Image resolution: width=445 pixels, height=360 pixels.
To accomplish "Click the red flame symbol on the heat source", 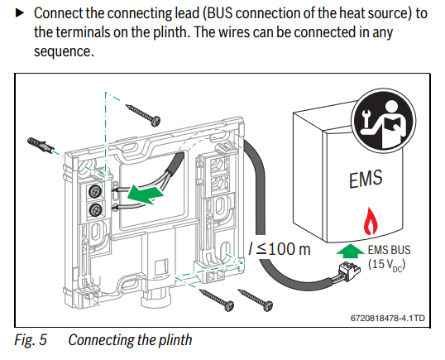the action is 370,221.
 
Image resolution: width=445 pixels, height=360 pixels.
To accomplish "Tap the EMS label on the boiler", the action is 366,178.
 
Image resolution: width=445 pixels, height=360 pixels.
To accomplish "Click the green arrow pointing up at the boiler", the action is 350,251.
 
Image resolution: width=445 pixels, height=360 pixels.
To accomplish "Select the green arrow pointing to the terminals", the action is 146,194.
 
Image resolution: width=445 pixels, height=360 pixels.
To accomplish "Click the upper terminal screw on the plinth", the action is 95,191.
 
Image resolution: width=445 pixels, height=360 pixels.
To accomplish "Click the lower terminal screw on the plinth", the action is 95,210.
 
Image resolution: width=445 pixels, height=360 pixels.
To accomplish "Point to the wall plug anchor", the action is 41,145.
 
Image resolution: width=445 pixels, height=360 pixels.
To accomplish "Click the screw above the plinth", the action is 143,115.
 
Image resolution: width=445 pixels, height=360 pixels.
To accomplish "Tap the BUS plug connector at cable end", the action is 349,271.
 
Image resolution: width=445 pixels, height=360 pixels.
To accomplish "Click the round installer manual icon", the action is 384,121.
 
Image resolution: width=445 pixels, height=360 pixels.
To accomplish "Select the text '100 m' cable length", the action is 289,249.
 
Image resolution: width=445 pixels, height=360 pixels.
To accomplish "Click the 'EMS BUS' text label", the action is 389,250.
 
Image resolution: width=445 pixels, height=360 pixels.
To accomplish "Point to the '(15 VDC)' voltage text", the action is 387,265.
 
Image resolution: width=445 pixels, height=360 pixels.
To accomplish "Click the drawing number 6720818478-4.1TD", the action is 388,318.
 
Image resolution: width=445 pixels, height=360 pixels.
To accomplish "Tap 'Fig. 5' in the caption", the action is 31,340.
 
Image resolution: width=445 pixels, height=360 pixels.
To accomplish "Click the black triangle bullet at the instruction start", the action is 19,13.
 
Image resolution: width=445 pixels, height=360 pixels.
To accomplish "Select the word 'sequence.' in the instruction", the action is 64,51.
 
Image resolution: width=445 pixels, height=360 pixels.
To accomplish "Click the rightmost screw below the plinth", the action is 256,300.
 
